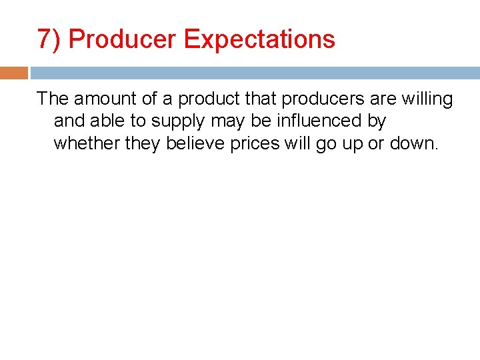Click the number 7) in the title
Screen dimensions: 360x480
click(x=49, y=39)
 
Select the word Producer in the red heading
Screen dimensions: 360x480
click(x=123, y=39)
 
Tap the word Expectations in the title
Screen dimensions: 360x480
click(x=259, y=39)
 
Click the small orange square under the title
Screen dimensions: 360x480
click(x=14, y=73)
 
